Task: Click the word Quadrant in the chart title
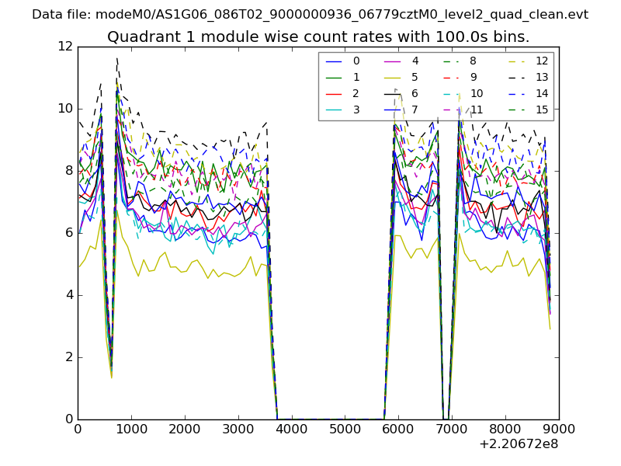(141, 37)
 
